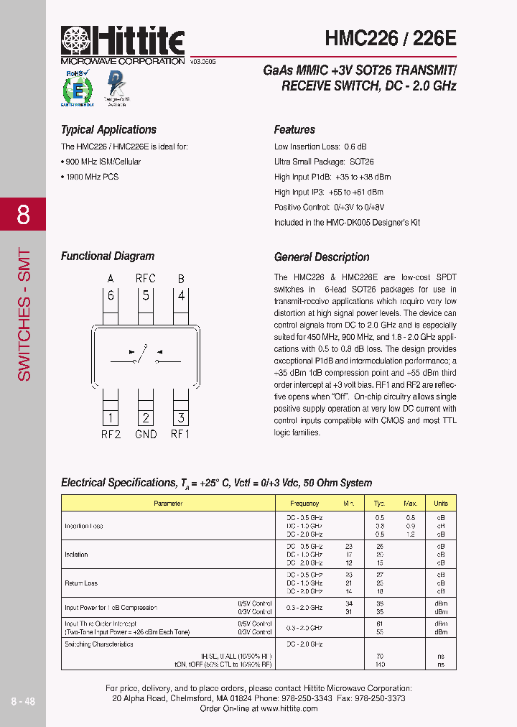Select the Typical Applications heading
click(108, 130)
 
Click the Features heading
click(294, 130)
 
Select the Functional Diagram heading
click(108, 256)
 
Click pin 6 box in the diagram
click(111, 295)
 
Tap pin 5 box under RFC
click(146, 295)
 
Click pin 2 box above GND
click(146, 417)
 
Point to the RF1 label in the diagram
click(180, 434)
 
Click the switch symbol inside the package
click(145, 353)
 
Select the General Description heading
click(322, 257)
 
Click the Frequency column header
click(305, 504)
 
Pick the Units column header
click(441, 504)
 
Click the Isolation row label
click(77, 555)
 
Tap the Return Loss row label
click(81, 583)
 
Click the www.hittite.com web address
click(289, 708)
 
